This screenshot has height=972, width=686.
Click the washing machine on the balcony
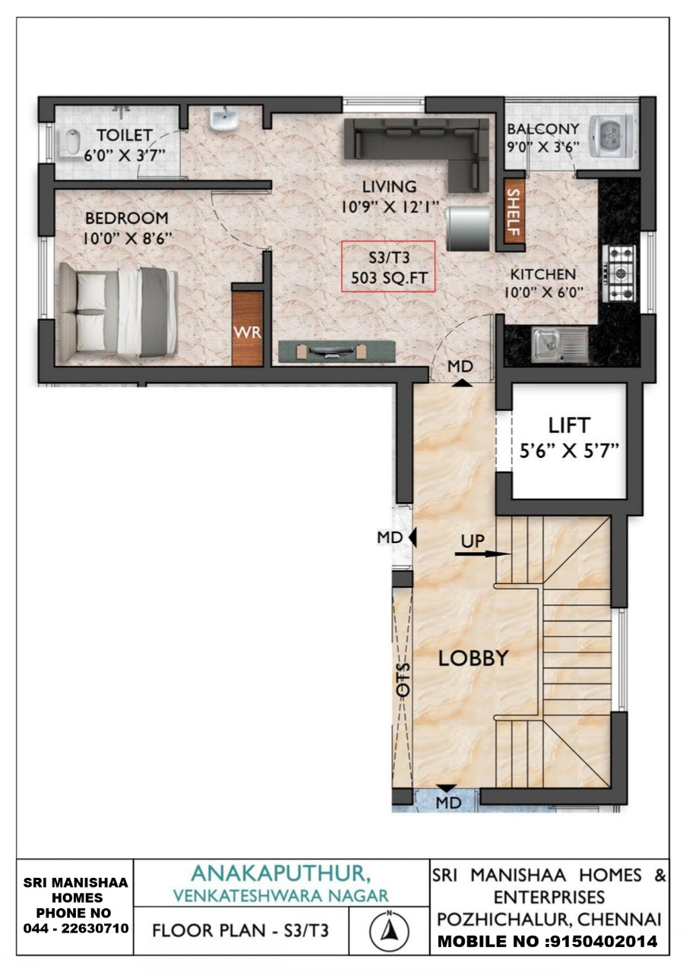tap(612, 134)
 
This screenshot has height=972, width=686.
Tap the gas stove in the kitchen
tap(618, 273)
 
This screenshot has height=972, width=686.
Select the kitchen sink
tap(560, 345)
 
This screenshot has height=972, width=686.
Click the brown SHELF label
tap(514, 211)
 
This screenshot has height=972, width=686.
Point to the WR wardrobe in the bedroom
tap(248, 329)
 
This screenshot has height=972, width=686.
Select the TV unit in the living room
tap(337, 350)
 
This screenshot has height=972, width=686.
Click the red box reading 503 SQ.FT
tap(387, 266)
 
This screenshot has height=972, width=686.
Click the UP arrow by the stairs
tap(482, 554)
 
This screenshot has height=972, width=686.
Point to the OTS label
tap(403, 680)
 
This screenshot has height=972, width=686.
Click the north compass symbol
tap(389, 930)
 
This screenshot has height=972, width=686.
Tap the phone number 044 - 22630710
tap(76, 928)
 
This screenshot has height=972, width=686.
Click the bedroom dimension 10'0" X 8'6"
tap(128, 238)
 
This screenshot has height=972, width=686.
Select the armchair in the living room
tap(468, 228)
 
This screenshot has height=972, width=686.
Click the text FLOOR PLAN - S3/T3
tap(240, 930)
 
